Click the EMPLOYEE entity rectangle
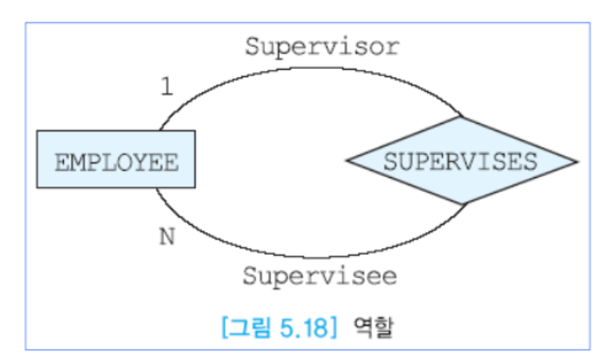pyautogui.click(x=116, y=159)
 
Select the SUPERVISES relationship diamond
pyautogui.click(x=461, y=160)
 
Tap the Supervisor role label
pyautogui.click(x=322, y=47)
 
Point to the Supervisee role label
pyautogui.click(x=319, y=276)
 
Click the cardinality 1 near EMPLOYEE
pyautogui.click(x=167, y=87)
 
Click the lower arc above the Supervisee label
pyautogui.click(x=312, y=257)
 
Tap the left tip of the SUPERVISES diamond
pyautogui.click(x=347, y=160)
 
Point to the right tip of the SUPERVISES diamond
pyautogui.click(x=578, y=161)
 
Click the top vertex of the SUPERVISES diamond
pyautogui.click(x=462, y=116)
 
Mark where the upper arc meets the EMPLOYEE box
pyautogui.click(x=159, y=130)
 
